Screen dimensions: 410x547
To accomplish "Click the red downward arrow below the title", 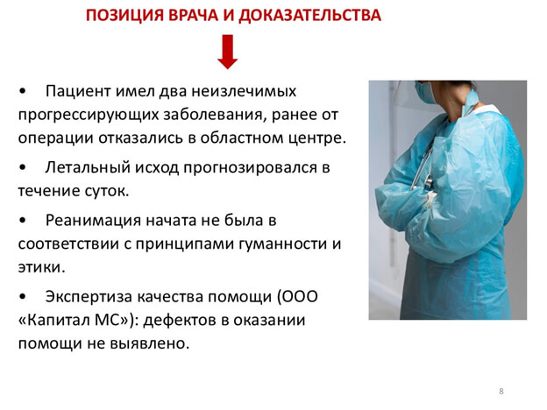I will pyautogui.click(x=227, y=53).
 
